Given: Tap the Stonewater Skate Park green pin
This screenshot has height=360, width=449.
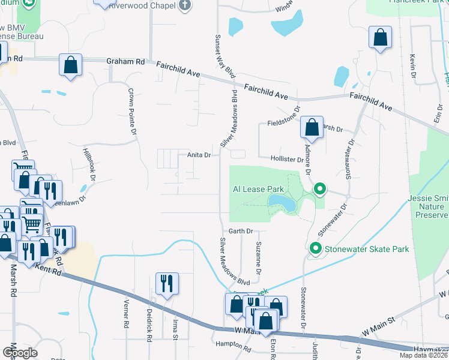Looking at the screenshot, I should pyautogui.click(x=315, y=248).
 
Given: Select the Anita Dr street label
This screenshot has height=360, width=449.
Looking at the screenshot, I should pyautogui.click(x=199, y=155).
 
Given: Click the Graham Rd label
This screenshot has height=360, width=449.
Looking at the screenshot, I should pyautogui.click(x=125, y=61).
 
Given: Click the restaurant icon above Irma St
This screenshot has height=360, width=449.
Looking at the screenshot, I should pyautogui.click(x=167, y=283).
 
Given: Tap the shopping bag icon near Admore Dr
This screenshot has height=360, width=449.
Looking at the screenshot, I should pyautogui.click(x=312, y=127).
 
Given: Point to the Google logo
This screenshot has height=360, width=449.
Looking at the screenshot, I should pyautogui.click(x=20, y=353).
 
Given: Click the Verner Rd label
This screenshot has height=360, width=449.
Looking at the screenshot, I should pyautogui.click(x=126, y=314).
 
